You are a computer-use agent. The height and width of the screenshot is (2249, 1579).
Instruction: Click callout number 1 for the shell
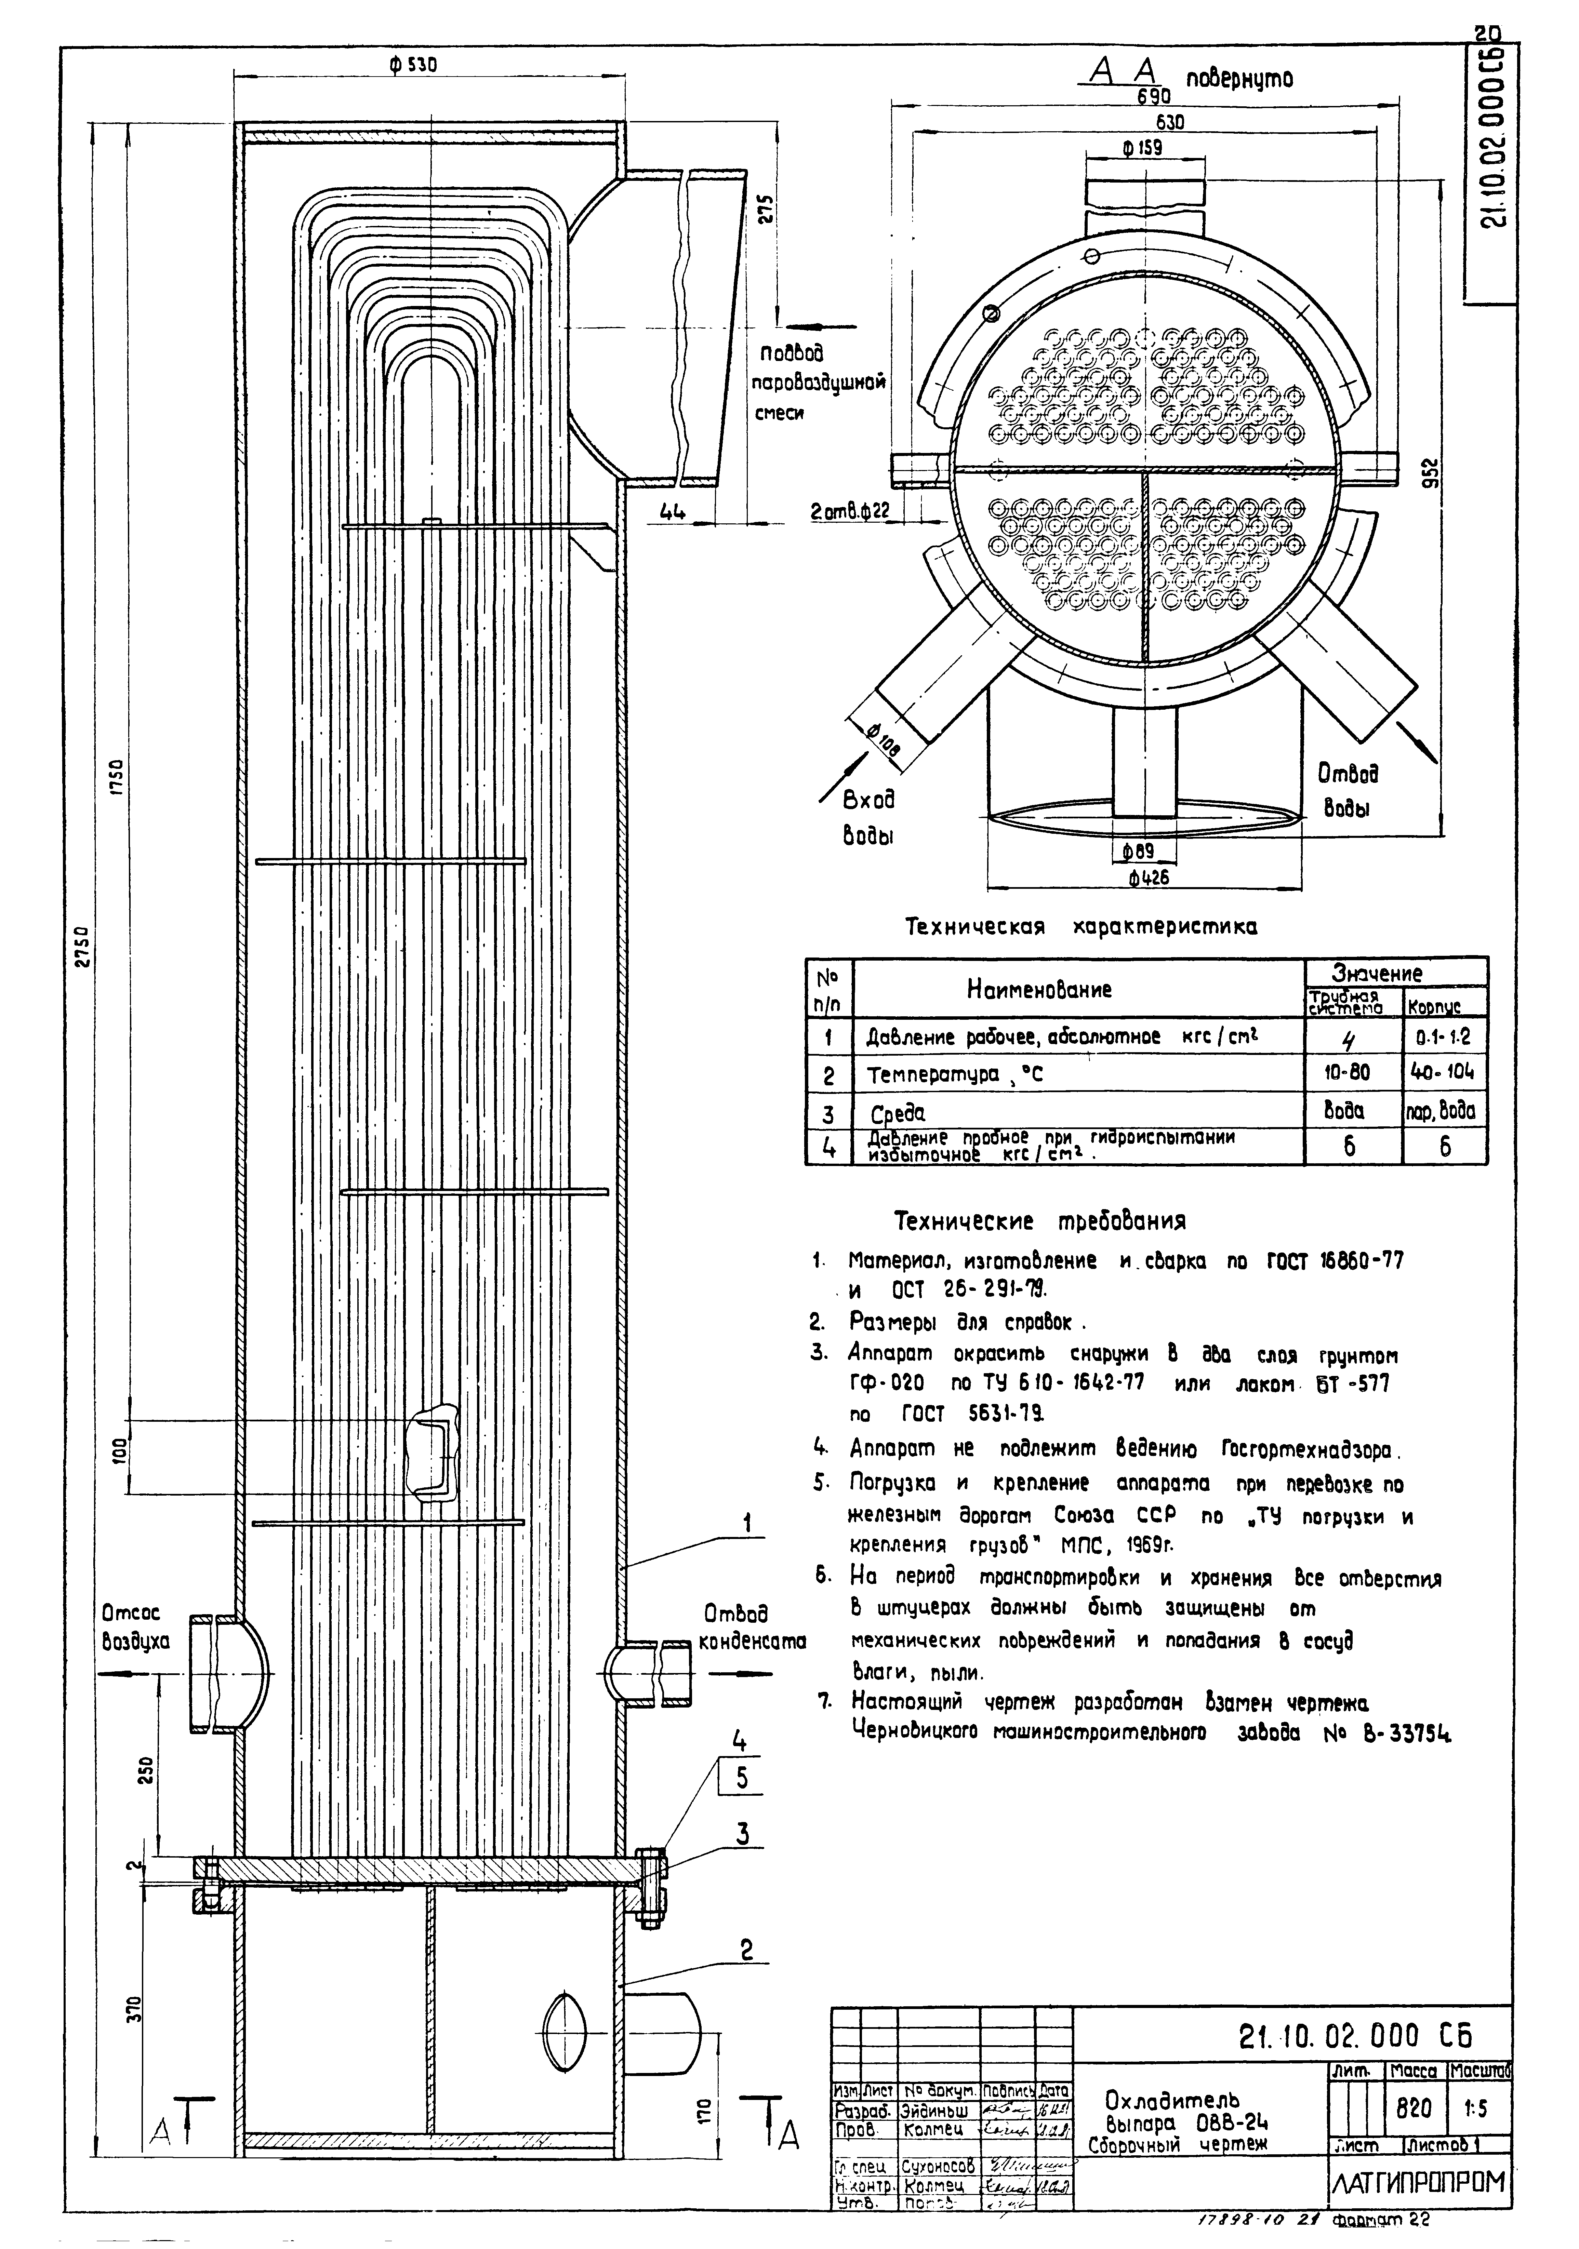tap(747, 1523)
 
